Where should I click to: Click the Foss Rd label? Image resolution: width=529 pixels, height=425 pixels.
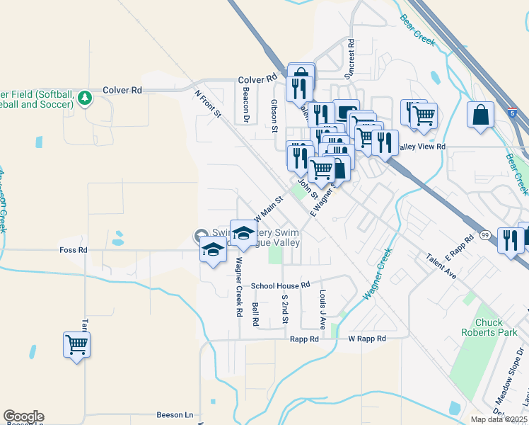point(74,250)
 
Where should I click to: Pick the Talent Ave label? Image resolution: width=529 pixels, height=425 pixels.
point(441,268)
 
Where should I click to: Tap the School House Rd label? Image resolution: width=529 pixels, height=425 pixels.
point(281,285)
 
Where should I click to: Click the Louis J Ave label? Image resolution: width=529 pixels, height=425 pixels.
point(322,310)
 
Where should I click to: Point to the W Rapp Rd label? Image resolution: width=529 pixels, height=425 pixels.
point(367,339)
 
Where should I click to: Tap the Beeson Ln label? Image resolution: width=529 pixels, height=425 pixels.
point(175,415)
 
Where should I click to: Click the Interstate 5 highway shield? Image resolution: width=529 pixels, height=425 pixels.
point(511,112)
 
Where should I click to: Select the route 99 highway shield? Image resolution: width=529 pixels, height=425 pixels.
point(485,234)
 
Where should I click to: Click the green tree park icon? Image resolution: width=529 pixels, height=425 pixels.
point(85,97)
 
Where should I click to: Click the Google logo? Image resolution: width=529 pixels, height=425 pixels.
point(23,416)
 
